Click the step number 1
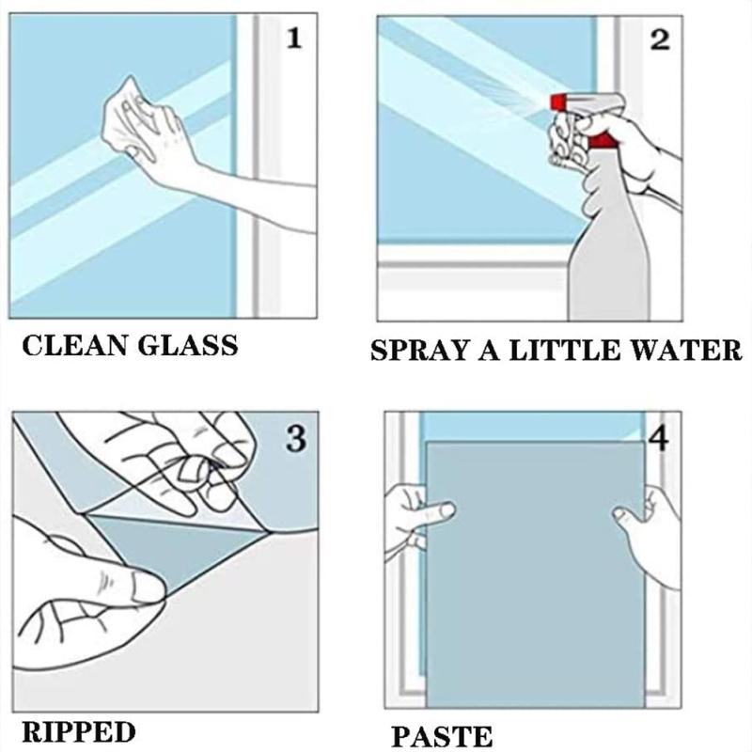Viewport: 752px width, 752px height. (x=295, y=39)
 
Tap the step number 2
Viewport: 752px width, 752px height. (x=660, y=39)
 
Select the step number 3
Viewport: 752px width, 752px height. (x=295, y=438)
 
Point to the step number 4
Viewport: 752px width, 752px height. (x=659, y=438)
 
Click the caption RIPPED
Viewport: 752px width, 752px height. (x=77, y=730)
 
